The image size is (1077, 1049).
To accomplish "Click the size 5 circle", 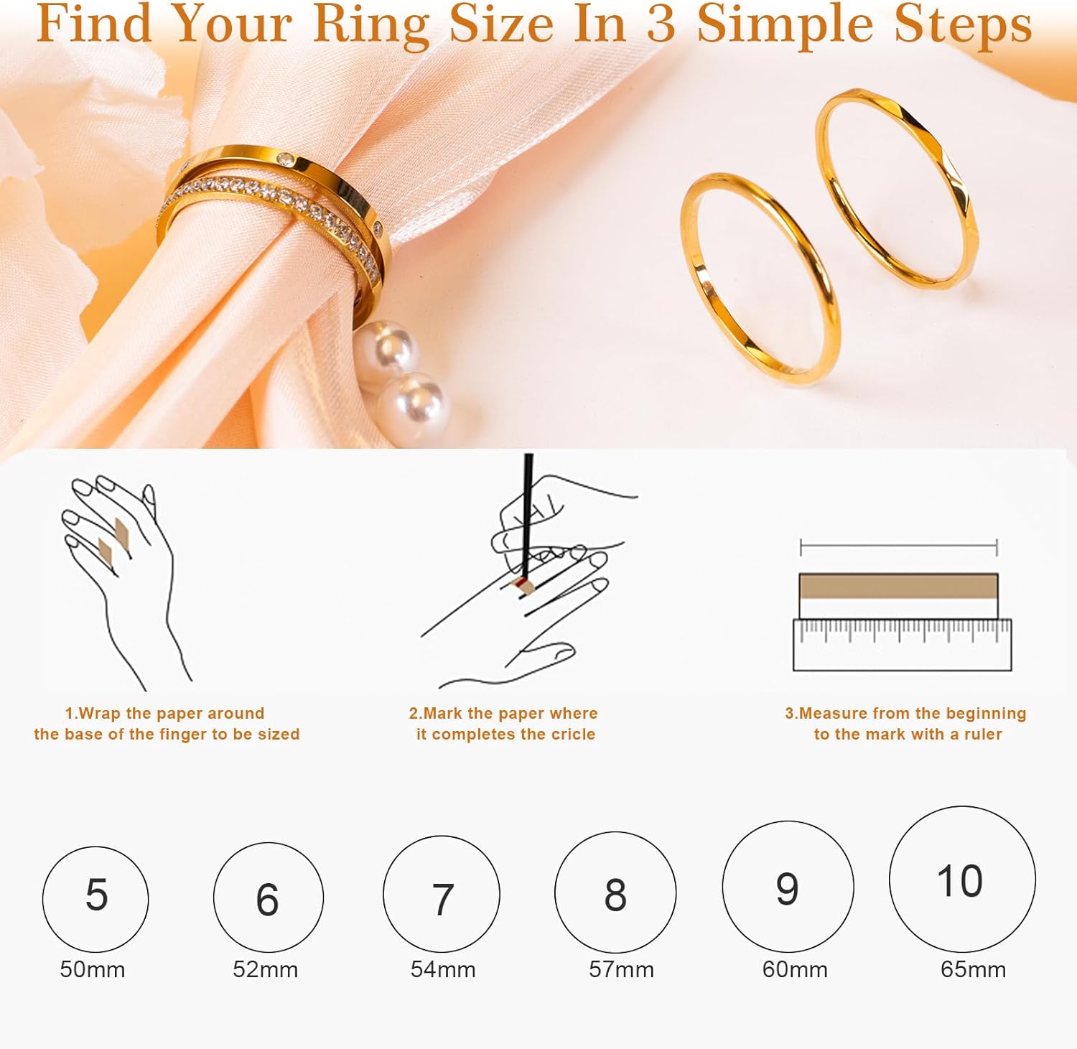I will tap(95, 898).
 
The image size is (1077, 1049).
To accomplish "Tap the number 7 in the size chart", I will tap(442, 898).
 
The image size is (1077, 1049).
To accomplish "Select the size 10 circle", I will tap(961, 880).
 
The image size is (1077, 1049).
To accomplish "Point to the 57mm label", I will tap(621, 969).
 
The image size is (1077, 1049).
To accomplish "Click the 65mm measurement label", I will tap(973, 969).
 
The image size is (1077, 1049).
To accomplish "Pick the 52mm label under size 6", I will tap(265, 969).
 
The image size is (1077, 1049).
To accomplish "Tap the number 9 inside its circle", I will tap(787, 889).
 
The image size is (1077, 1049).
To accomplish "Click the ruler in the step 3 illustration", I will tap(902, 645).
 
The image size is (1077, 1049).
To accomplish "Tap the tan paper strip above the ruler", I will tap(898, 587).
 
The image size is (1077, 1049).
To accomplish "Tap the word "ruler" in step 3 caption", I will tap(983, 735).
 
